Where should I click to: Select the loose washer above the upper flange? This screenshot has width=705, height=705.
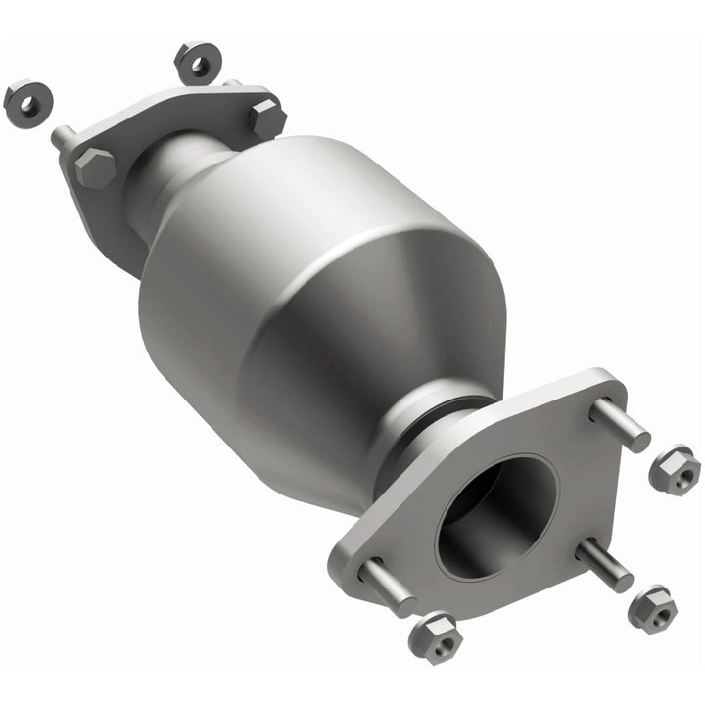[x=195, y=62]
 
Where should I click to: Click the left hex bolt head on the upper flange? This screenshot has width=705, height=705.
[x=93, y=168]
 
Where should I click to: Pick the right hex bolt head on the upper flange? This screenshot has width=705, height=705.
[x=266, y=118]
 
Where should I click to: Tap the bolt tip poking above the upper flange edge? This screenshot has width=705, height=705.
[x=234, y=84]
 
